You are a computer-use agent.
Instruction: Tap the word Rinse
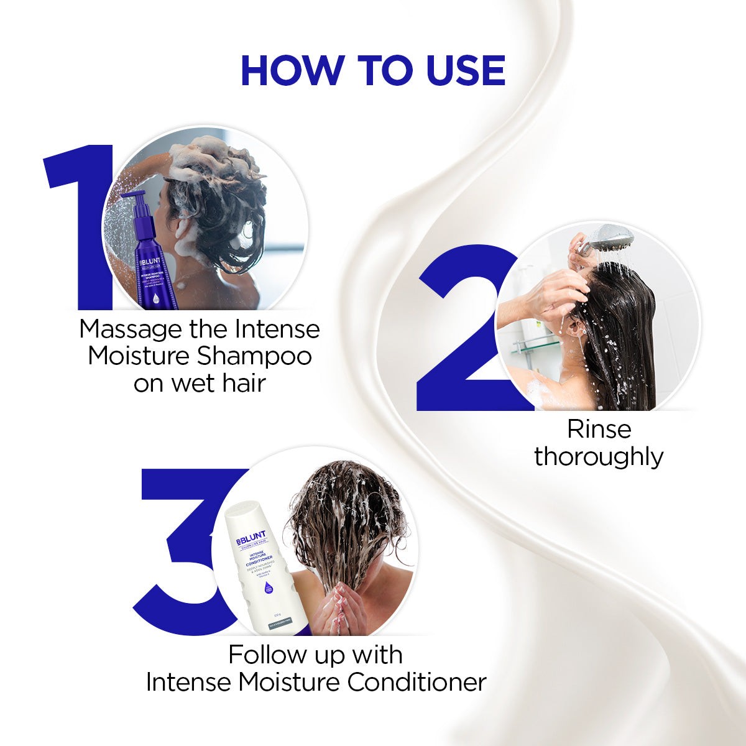599,429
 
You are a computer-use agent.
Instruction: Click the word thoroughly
599,457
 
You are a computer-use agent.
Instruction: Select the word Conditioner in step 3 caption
417,682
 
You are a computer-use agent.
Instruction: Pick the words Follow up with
316,655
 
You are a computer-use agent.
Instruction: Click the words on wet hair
199,383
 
